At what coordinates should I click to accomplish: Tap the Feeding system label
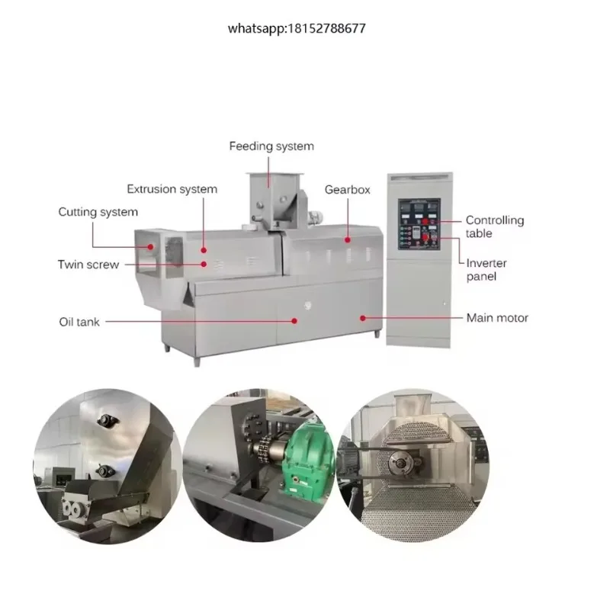tap(271, 146)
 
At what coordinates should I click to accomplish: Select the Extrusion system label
tap(172, 189)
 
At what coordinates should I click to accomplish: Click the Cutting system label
tap(98, 212)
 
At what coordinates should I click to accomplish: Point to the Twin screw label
tap(88, 265)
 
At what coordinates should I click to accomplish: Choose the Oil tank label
tap(79, 322)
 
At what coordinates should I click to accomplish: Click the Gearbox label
tap(348, 190)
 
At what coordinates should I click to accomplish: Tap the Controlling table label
tap(495, 226)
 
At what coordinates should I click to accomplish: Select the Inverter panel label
tap(486, 270)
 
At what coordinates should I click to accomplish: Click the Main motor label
tap(497, 318)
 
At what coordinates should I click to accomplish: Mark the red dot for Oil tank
tap(294, 321)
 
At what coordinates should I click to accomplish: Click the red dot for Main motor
tap(363, 318)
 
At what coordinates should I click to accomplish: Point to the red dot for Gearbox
tap(348, 240)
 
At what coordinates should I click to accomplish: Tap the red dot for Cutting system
tap(150, 246)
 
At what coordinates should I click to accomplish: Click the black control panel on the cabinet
tap(419, 224)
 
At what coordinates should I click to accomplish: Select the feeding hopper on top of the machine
tap(274, 201)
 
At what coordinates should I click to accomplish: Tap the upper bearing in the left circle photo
tap(105, 420)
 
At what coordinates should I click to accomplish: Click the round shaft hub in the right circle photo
tap(403, 463)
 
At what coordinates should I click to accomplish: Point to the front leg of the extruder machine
tap(197, 361)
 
